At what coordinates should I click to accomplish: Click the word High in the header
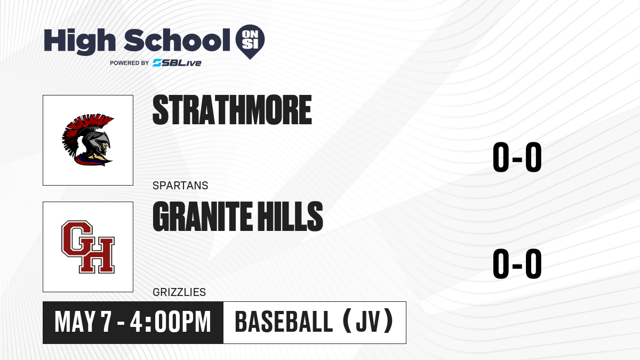click(x=79, y=41)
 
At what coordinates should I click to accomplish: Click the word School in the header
click(x=177, y=40)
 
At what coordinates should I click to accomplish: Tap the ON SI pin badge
click(x=250, y=42)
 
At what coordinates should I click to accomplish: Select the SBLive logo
click(x=177, y=63)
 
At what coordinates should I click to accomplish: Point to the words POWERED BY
click(x=130, y=63)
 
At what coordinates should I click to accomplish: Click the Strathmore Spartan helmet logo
click(x=88, y=140)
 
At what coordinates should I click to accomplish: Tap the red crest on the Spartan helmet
click(x=83, y=130)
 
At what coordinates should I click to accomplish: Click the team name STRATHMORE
click(x=232, y=110)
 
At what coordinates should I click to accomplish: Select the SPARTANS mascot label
click(x=180, y=186)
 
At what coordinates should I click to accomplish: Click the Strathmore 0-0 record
click(x=517, y=157)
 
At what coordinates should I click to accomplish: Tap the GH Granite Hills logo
click(x=88, y=247)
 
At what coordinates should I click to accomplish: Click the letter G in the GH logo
click(x=77, y=239)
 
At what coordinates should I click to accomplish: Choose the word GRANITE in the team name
click(x=202, y=217)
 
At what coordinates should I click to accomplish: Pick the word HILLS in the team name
click(x=290, y=217)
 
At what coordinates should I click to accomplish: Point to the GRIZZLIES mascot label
click(x=179, y=292)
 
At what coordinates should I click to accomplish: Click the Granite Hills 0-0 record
click(x=517, y=263)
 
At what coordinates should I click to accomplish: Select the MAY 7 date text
click(x=83, y=322)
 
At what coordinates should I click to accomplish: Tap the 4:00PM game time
click(x=170, y=322)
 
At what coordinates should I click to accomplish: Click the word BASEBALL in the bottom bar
click(x=284, y=322)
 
